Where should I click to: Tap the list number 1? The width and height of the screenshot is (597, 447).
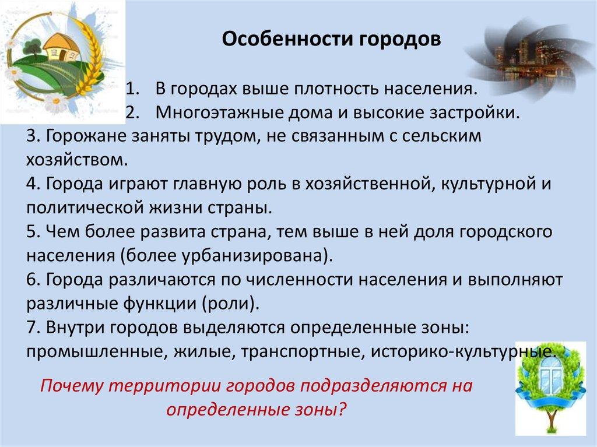(131, 89)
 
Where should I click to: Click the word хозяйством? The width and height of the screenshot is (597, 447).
(76, 160)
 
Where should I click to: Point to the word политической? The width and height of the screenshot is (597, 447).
(85, 208)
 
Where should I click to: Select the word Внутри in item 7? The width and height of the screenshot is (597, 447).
(76, 327)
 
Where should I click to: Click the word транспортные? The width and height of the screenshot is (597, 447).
(303, 351)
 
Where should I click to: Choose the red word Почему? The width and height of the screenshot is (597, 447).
(72, 386)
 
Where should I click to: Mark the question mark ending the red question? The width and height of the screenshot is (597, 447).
(342, 410)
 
